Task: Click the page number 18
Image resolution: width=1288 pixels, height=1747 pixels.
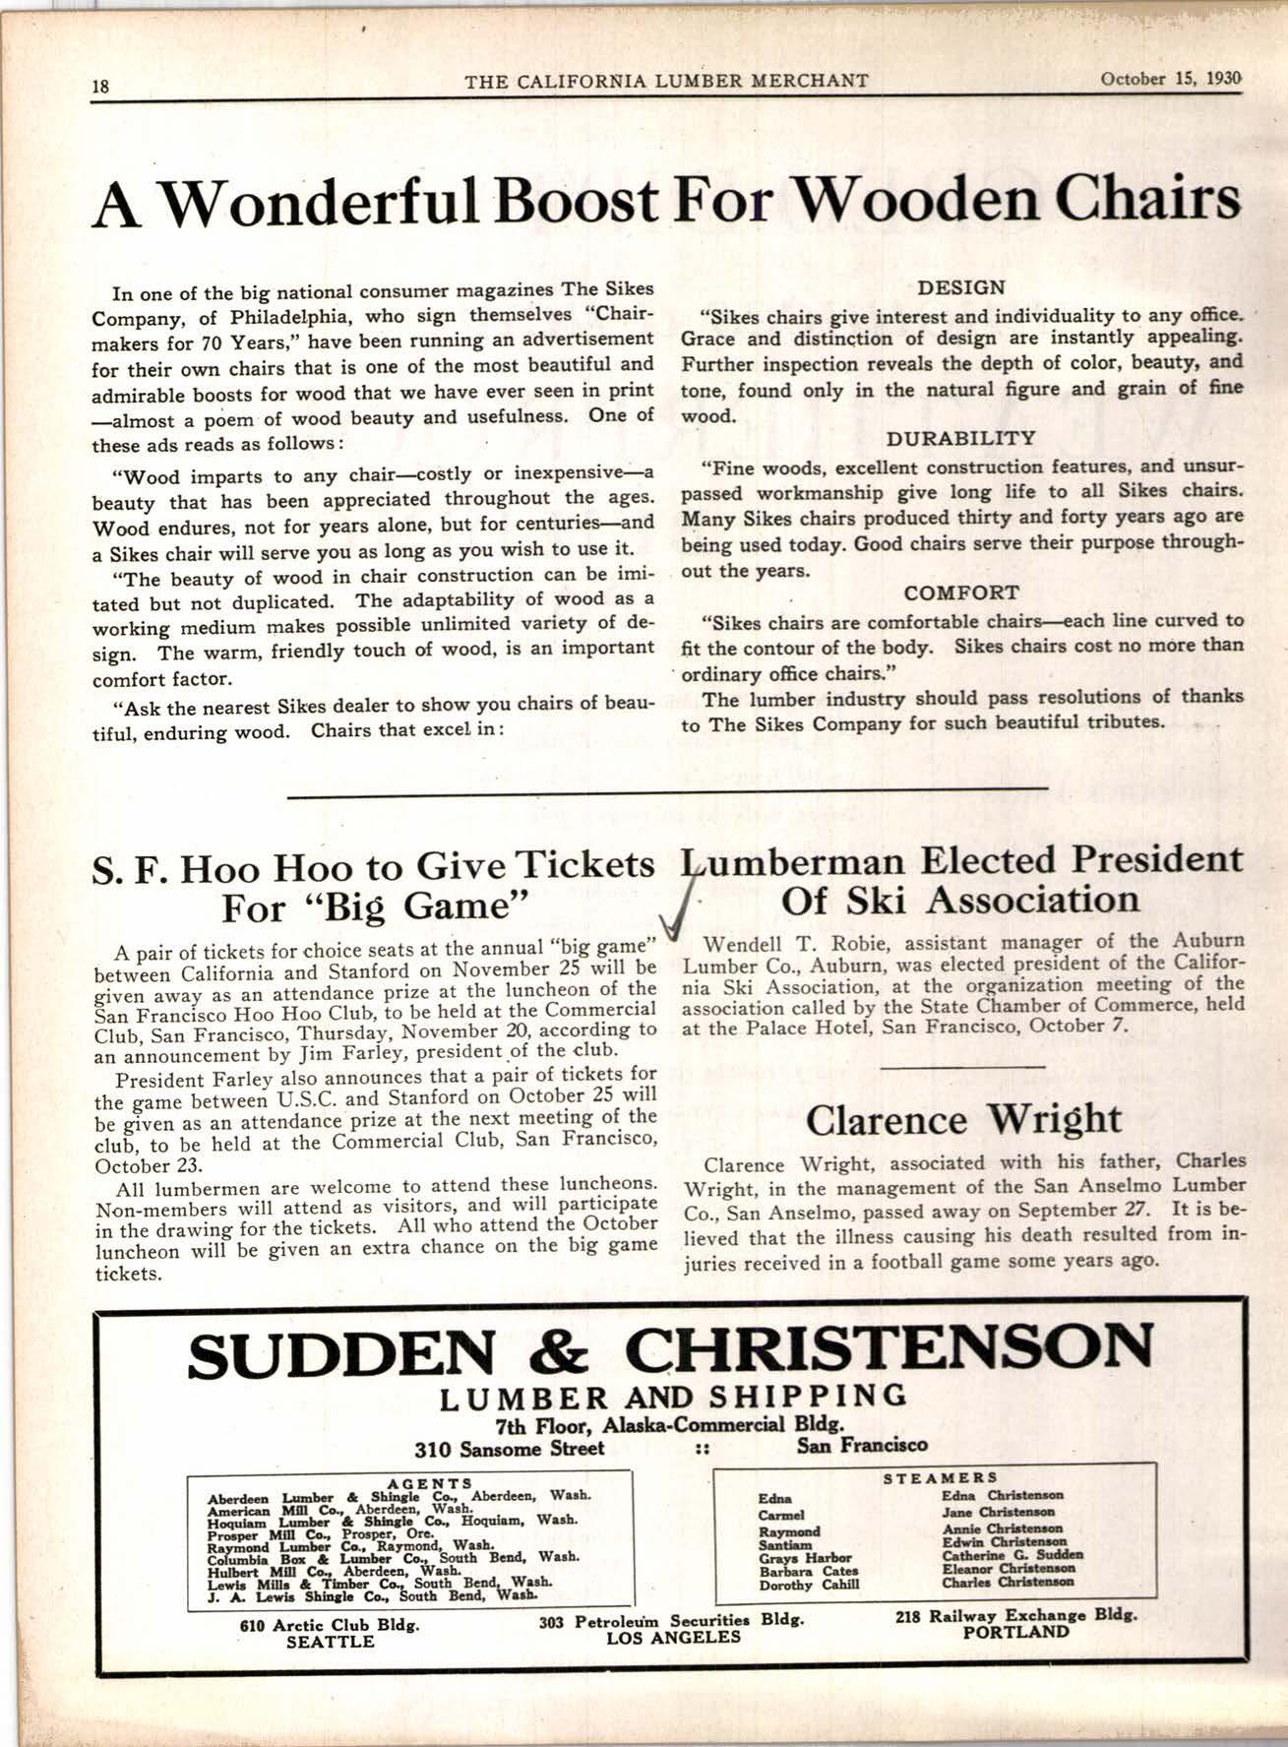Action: pos(99,85)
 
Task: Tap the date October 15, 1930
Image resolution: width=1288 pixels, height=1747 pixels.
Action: pos(1171,80)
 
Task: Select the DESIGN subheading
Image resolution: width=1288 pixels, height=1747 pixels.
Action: pos(960,288)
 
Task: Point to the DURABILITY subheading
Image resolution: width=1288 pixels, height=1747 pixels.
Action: pos(960,438)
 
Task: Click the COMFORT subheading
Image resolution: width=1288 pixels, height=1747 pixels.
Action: pos(960,593)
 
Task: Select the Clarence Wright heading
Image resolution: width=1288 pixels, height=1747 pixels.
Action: pos(962,1119)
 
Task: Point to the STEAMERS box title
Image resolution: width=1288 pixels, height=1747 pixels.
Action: pos(940,1477)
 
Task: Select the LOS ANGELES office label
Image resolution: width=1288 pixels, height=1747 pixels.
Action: pos(673,1637)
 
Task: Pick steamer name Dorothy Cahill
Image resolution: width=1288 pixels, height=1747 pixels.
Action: pos(809,1585)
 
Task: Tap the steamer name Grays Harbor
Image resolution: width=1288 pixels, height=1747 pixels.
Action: pos(805,1558)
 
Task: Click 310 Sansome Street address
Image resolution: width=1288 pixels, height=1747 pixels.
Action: pos(509,1448)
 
